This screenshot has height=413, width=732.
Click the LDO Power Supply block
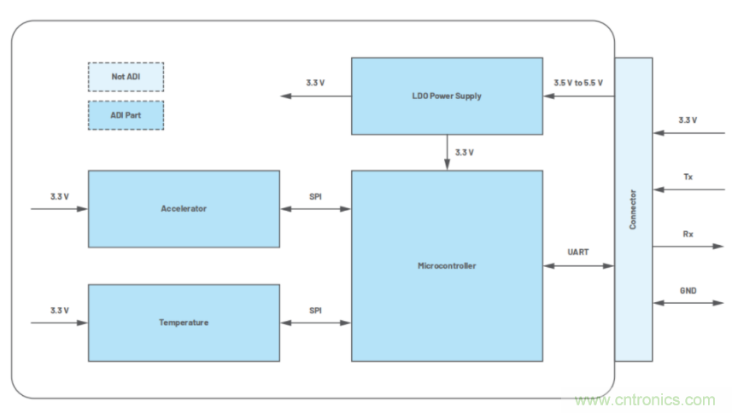(447, 96)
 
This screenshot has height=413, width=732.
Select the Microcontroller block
(447, 265)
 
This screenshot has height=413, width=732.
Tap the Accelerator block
(184, 208)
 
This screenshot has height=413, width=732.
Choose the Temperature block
(184, 323)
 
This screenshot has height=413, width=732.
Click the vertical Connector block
(633, 209)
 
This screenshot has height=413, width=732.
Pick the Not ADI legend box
(126, 77)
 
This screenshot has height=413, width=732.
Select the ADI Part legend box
(126, 115)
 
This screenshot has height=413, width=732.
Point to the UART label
(578, 253)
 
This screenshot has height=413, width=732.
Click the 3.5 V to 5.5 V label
(578, 83)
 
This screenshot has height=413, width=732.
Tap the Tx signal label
(688, 177)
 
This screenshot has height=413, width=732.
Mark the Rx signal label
(688, 233)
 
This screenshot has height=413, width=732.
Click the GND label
(688, 290)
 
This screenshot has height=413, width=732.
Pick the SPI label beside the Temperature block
(315, 310)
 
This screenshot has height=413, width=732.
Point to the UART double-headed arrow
(578, 266)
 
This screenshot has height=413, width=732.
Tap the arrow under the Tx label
(688, 189)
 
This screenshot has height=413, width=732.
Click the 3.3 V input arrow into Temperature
(59, 323)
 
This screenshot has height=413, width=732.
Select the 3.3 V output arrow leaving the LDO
(315, 96)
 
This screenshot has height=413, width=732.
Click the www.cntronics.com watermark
(645, 399)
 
